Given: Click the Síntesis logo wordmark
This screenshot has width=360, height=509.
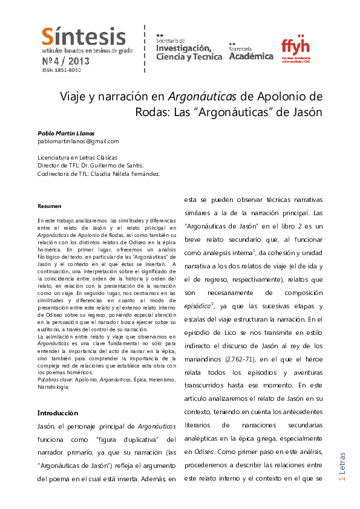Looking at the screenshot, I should point(84,37).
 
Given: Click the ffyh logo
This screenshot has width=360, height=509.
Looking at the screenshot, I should point(296,47).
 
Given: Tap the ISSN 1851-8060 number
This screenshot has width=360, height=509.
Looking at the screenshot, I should point(61,70).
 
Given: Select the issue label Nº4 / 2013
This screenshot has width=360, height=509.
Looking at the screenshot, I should point(65,61).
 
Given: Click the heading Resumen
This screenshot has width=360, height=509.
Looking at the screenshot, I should point(49,206).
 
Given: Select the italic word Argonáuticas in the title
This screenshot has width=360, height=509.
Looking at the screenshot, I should point(202,96).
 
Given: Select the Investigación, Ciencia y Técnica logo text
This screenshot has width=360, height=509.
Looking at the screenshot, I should point(185,49).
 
